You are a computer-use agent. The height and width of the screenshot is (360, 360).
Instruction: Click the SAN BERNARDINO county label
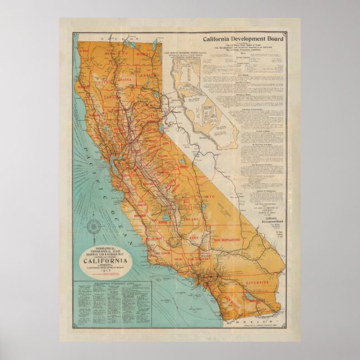(227, 240)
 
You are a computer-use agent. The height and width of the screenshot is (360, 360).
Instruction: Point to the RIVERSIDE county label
(259, 283)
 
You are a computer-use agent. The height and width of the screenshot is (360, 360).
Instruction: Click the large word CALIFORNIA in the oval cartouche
(108, 258)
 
